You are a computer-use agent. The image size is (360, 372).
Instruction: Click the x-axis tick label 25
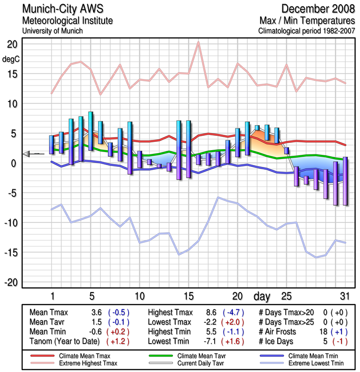[x=286, y=296]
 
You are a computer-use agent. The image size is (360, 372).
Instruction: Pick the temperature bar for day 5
[x=91, y=131]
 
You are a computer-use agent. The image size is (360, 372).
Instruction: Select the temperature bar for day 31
[x=345, y=181]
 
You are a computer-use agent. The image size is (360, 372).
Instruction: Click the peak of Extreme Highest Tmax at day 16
[x=198, y=42]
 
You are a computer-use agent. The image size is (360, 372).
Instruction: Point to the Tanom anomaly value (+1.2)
[x=118, y=342]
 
